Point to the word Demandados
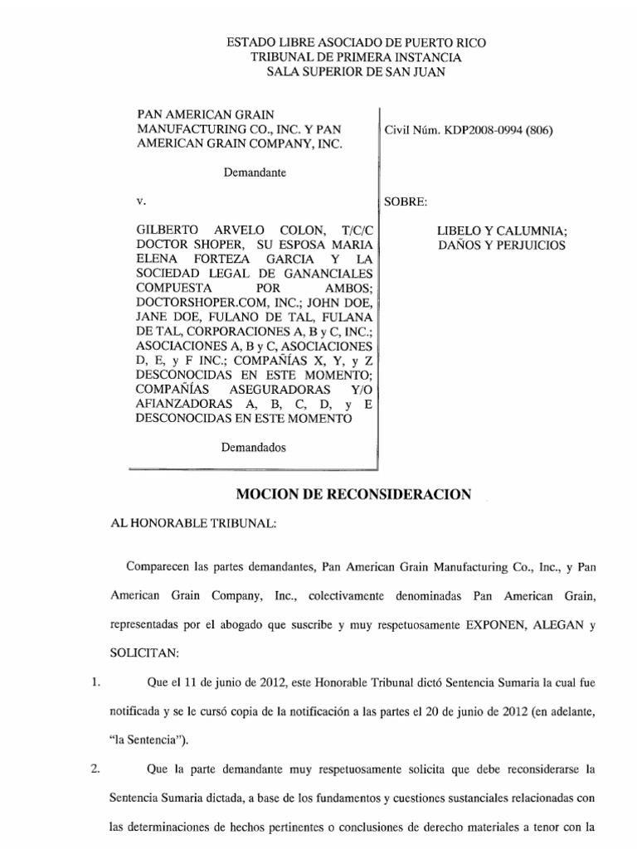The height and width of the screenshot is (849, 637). coord(253,447)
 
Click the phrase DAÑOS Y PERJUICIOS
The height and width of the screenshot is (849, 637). coord(502,245)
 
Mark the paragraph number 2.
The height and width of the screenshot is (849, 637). coord(96,769)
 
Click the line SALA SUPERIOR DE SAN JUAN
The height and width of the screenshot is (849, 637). coord(357,72)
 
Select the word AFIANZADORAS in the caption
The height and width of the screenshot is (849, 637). coord(176,404)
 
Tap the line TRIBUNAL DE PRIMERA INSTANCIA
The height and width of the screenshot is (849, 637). coord(357,57)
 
